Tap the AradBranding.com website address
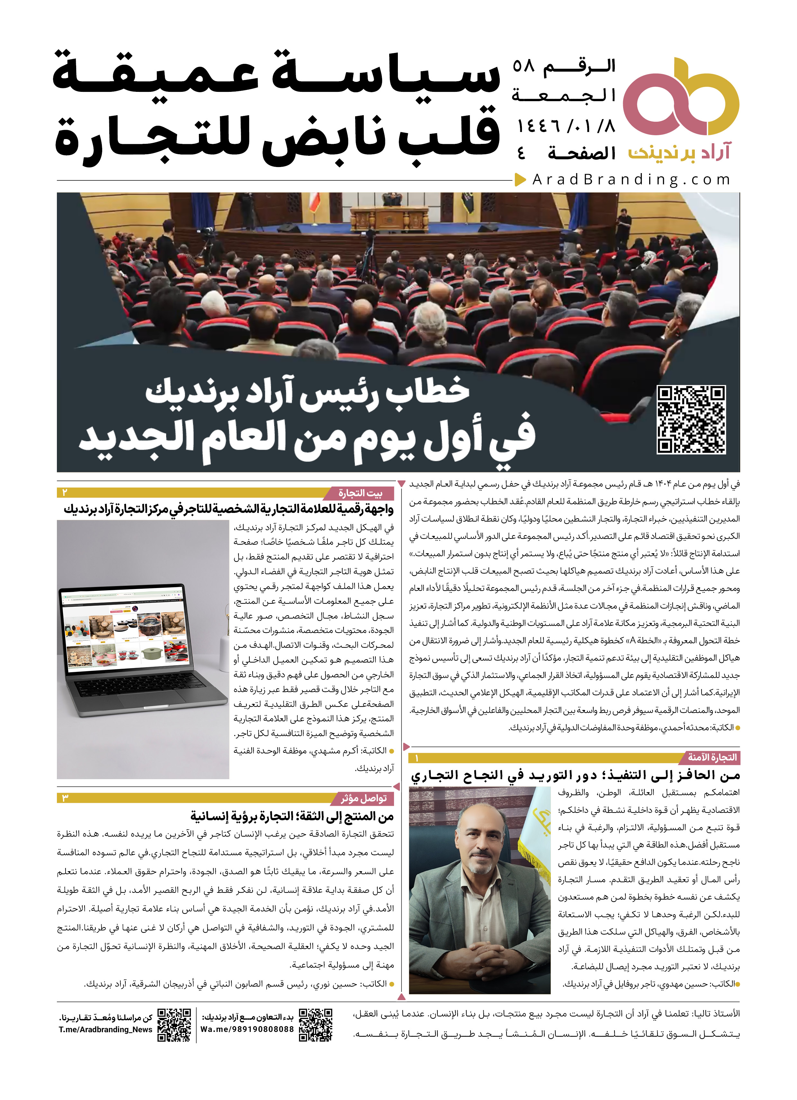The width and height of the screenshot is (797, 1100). [631, 180]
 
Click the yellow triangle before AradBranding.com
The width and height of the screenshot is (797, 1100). [520, 180]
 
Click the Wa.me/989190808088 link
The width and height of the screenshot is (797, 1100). [247, 1029]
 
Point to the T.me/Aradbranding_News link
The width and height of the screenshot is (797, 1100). [105, 1029]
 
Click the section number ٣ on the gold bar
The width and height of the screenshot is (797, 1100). [65, 798]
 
